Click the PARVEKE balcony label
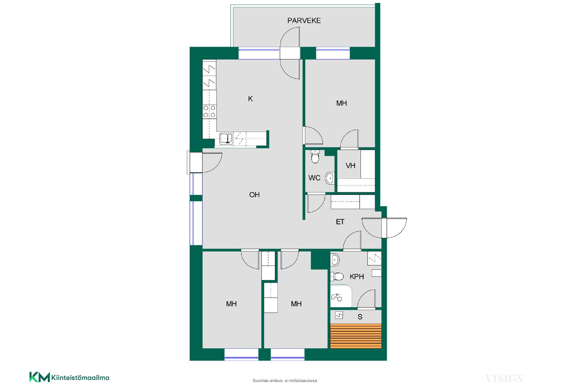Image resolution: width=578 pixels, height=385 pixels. point(304,20)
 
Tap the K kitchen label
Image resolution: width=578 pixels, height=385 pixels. point(250,99)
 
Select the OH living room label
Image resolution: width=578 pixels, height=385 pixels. point(254,195)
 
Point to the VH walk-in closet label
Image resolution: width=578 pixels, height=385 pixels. point(350,166)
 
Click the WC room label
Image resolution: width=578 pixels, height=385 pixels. point(315,178)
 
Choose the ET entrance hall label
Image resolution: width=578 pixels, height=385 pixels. point(340,222)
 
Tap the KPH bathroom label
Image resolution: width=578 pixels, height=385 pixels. point(357,276)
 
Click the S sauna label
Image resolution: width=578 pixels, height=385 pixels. point(360,317)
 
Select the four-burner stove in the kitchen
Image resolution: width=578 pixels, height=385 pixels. point(209,111)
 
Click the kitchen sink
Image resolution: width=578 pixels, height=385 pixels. point(226,139)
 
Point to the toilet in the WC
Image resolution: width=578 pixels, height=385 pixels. point(315,156)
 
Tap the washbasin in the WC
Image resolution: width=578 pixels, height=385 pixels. point(330,178)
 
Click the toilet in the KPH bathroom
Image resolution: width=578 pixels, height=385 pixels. point(337,276)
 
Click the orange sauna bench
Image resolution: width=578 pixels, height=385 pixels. point(356,336)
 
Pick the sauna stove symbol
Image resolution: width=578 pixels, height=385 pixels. point(339,315)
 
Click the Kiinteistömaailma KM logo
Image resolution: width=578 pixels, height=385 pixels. point(69,377)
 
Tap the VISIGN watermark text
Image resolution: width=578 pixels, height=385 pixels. point(504,378)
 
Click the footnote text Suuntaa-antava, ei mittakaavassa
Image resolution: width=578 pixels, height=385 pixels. point(285,380)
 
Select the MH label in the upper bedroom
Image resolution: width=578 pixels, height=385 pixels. point(342,103)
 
